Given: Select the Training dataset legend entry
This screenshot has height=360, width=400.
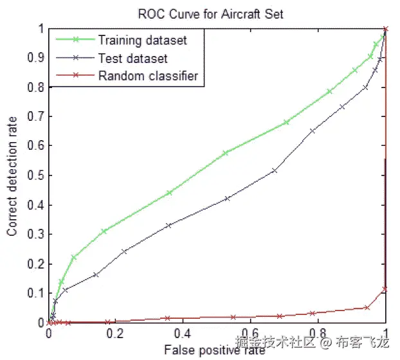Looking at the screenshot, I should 142,40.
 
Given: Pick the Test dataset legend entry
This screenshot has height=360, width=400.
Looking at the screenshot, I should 133,59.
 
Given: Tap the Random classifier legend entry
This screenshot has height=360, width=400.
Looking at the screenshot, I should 148,76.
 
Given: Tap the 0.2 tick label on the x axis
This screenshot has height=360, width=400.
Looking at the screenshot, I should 116,335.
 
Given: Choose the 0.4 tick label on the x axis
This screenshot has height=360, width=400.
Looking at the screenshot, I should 183,335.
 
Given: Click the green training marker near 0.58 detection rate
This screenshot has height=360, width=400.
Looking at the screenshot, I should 225,153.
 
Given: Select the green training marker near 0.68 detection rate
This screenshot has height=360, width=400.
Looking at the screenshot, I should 286,122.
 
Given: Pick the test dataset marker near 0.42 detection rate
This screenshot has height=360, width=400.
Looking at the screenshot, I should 227,199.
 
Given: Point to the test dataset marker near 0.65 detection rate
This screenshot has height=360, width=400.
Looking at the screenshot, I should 313,131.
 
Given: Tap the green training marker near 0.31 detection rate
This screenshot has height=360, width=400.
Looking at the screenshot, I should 104,231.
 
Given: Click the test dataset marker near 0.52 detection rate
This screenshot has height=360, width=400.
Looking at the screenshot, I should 275,170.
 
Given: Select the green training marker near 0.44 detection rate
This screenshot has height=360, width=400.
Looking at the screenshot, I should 169,193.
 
